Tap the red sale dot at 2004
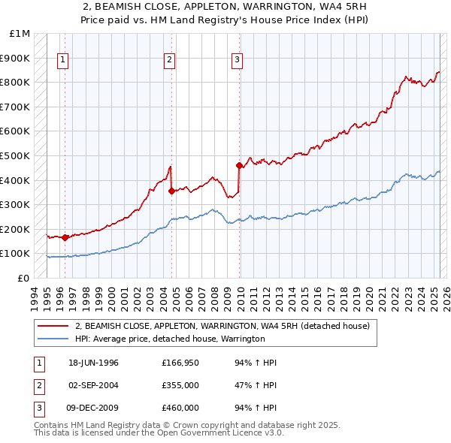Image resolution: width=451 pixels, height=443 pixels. [x=172, y=191]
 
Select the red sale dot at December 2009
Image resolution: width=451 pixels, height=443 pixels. [x=239, y=165]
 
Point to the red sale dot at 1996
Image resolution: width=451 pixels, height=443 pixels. [x=65, y=237]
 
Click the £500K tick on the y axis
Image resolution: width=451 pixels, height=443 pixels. [x=16, y=155]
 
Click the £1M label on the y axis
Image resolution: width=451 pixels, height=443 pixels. [x=20, y=34]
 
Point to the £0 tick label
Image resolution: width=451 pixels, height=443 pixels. [x=24, y=278]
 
